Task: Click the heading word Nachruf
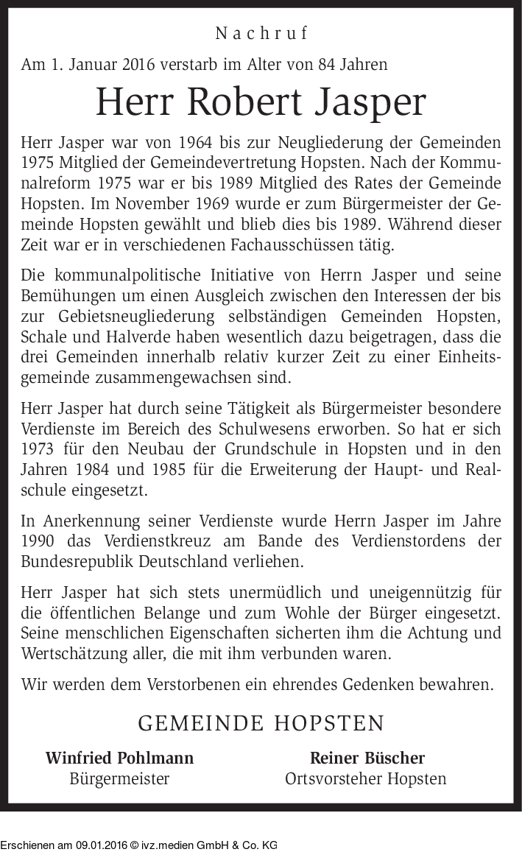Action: click(261, 33)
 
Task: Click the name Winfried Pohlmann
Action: click(119, 758)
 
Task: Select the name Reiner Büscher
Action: click(367, 758)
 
